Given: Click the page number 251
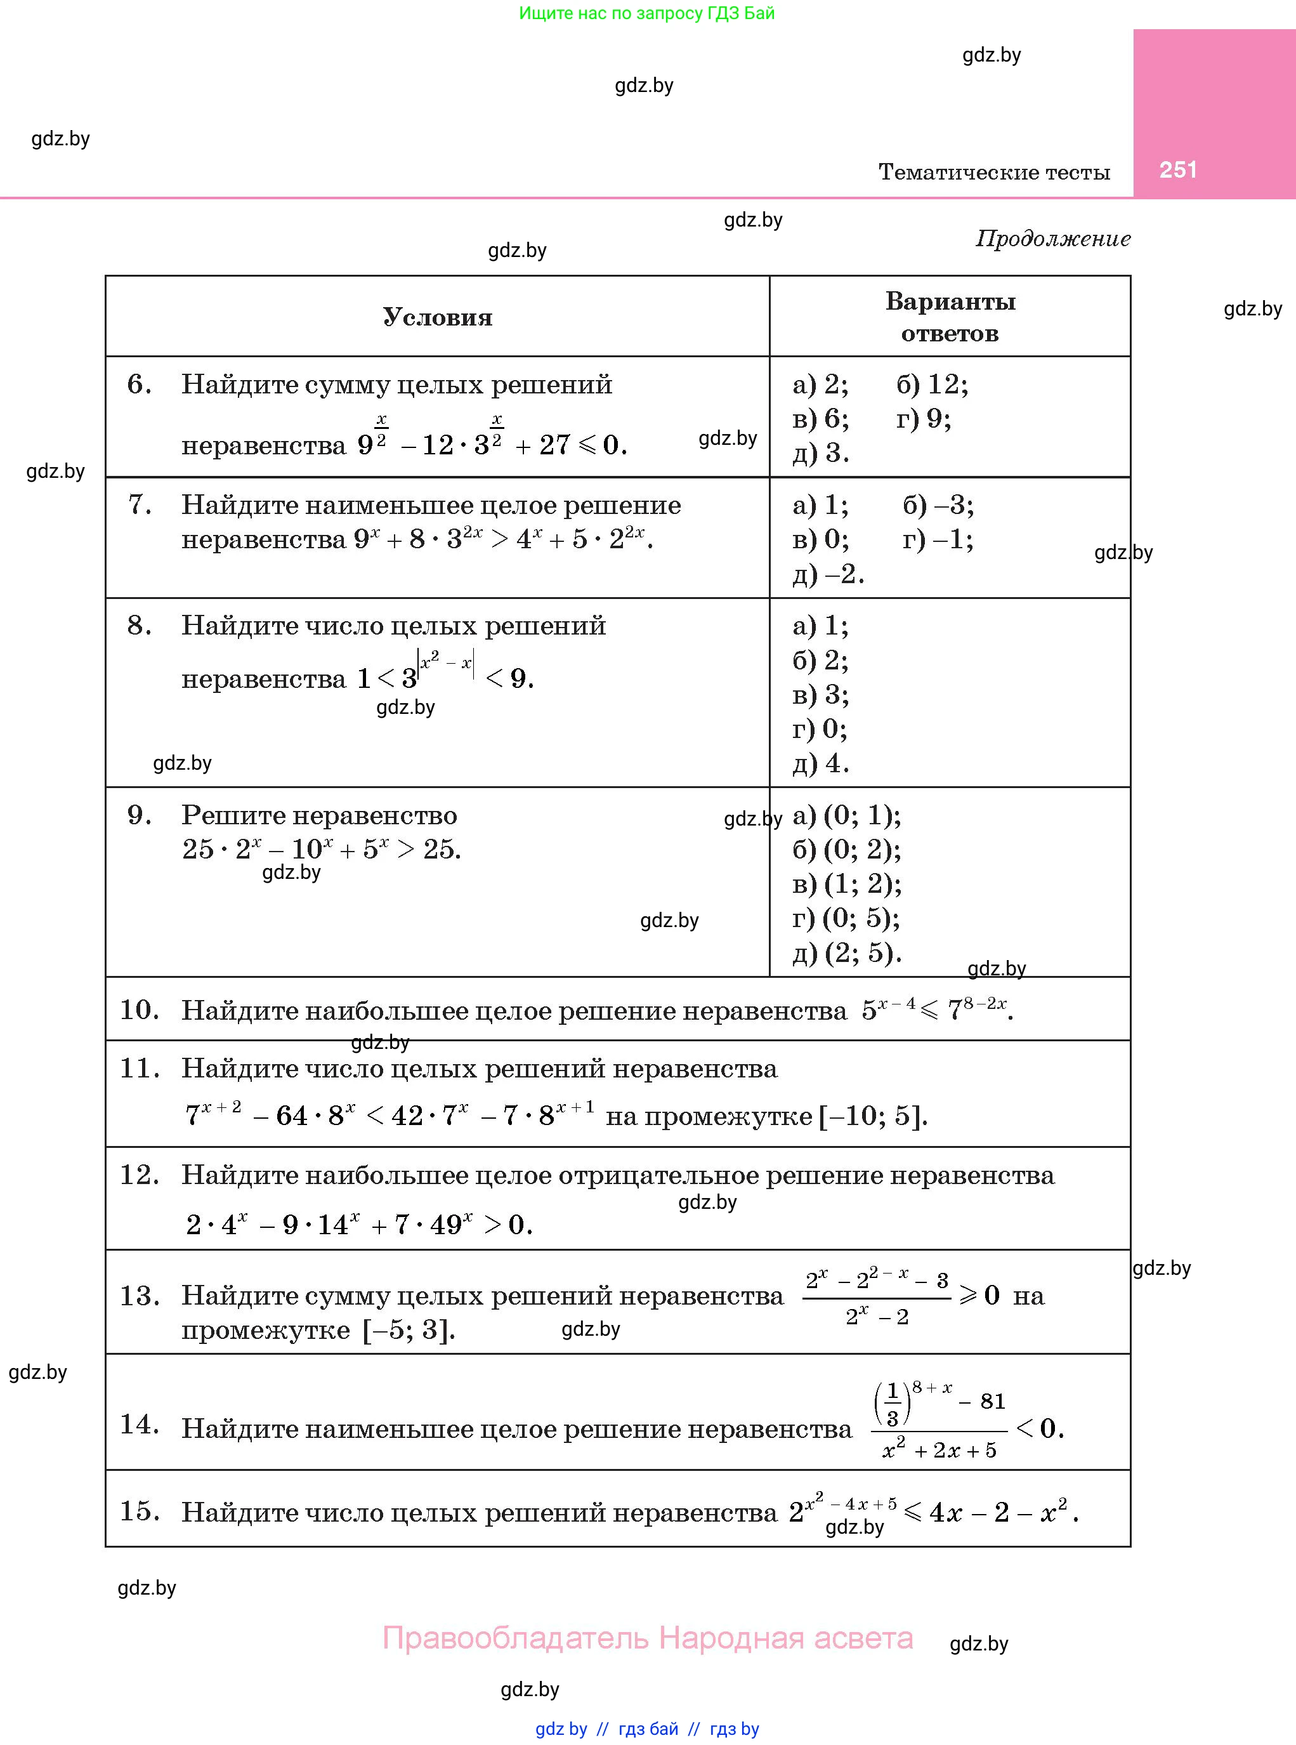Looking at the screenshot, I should point(1177,170).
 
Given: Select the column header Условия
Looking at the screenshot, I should point(437,317).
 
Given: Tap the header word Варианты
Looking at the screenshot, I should point(950,301).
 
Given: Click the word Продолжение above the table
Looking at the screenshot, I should point(1053,239).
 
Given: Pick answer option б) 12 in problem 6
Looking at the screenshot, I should point(932,385).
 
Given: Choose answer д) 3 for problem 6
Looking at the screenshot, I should point(820,452).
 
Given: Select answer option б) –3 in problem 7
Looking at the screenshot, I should point(938,504).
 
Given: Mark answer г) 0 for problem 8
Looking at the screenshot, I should point(819,729).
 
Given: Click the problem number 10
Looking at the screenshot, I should point(139,1009).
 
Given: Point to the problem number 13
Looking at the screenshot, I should point(139,1295).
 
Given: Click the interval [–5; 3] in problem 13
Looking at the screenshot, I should point(409,1330).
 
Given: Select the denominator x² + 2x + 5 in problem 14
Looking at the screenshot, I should point(939,1450).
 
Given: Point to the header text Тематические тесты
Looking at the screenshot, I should point(994,172).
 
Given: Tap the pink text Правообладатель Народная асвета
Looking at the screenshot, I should point(647,1638).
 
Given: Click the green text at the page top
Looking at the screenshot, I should point(646,13).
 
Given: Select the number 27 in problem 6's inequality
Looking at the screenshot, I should point(554,445).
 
